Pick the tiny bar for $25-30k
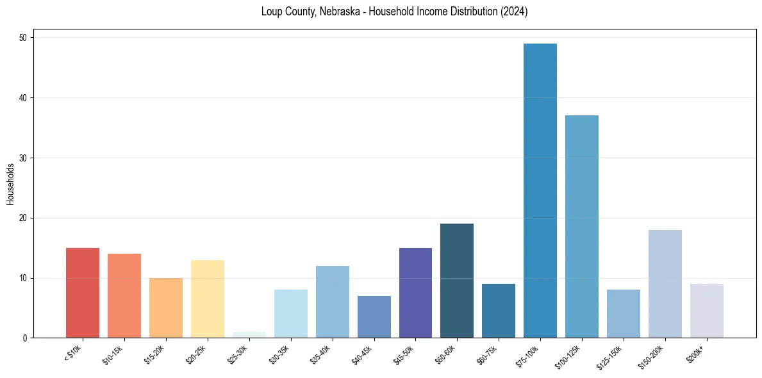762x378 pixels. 249,335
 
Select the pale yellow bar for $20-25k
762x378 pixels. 208,299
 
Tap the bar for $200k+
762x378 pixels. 707,311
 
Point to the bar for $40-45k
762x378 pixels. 374,316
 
